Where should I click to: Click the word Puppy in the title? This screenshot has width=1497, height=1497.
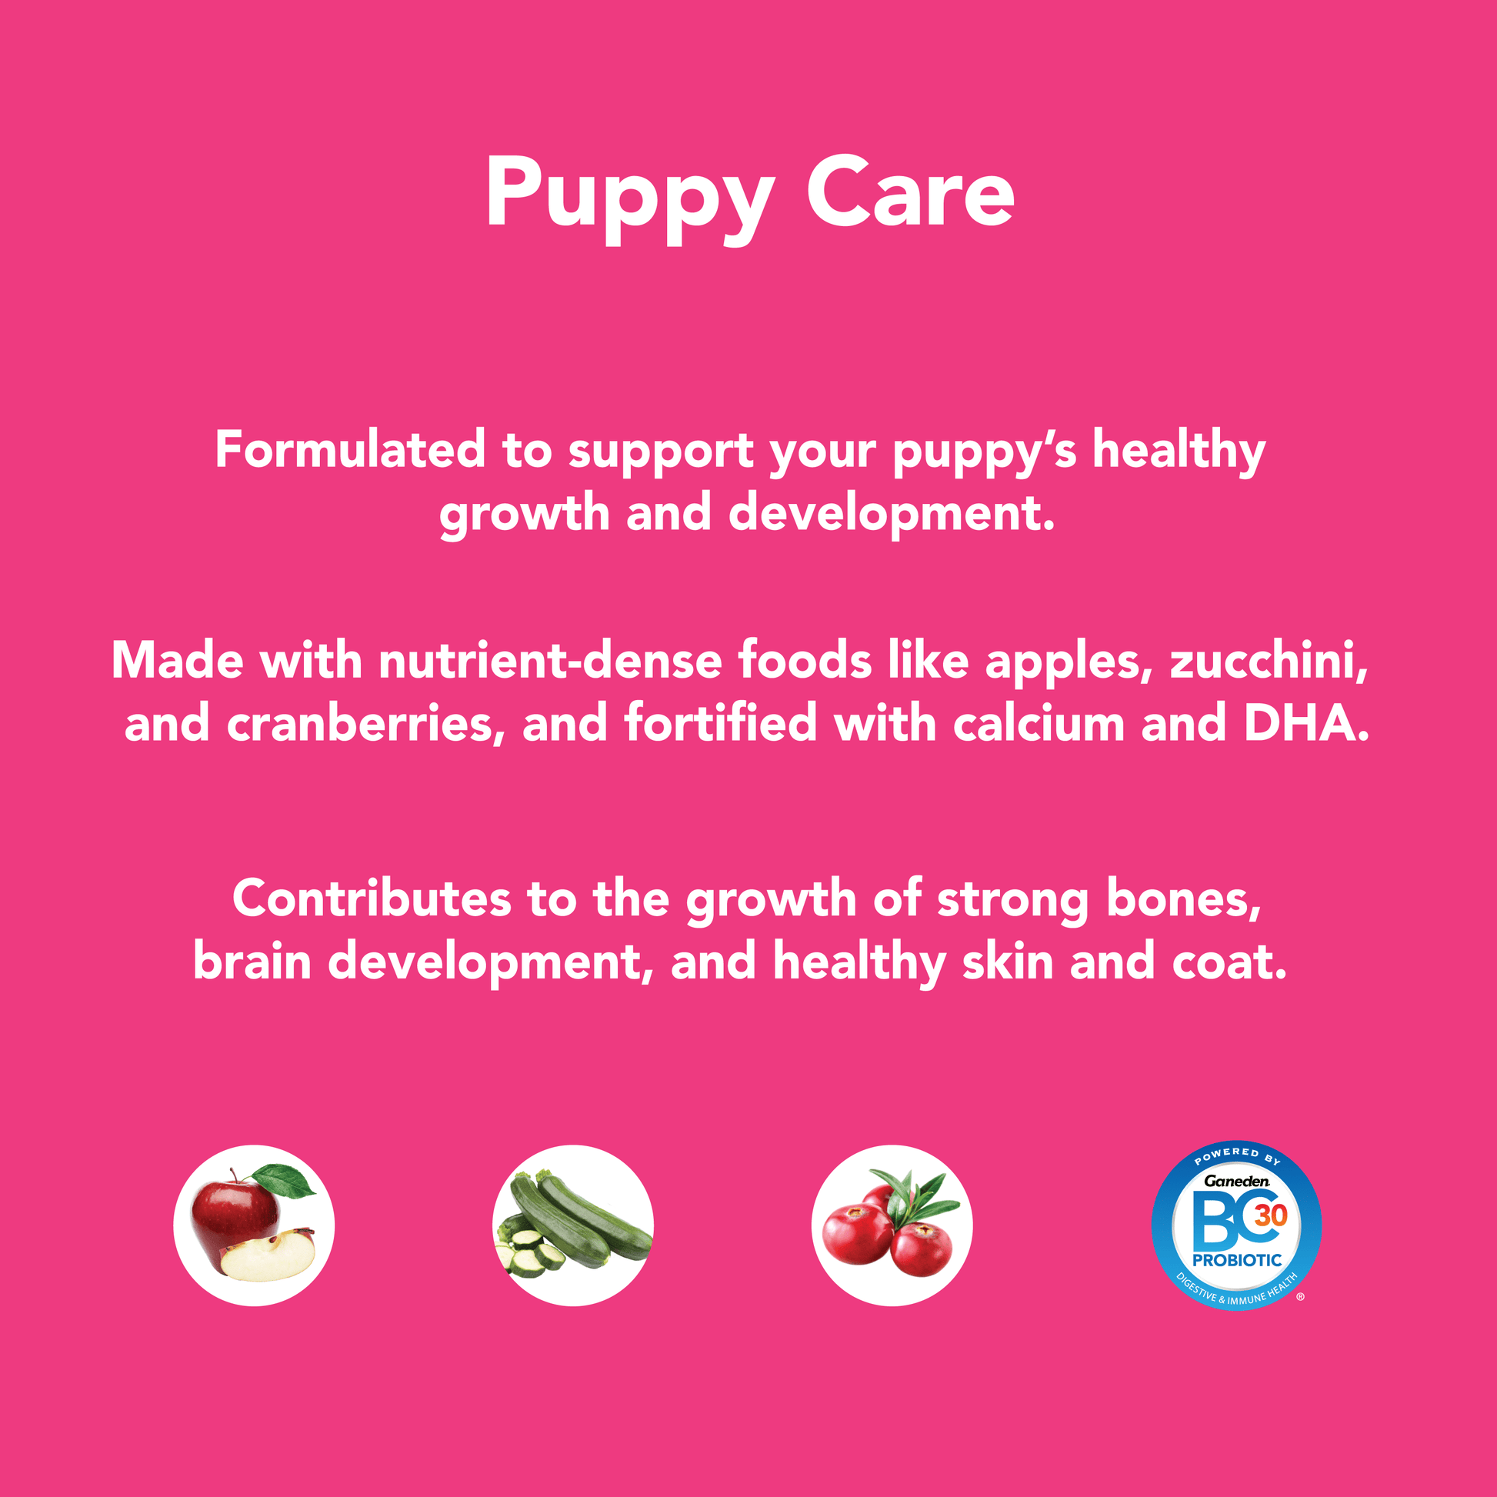point(629,201)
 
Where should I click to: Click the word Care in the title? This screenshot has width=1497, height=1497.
point(910,192)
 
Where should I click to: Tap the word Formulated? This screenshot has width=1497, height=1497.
point(350,449)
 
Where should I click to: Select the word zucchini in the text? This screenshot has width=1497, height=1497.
point(1269,661)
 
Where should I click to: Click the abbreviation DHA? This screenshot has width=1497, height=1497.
point(1306,723)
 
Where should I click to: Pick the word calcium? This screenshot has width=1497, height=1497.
point(1039,723)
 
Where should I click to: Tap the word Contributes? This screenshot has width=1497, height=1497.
point(372,899)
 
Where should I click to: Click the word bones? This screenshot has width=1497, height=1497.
point(1183,899)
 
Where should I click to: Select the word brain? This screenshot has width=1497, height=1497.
point(252,962)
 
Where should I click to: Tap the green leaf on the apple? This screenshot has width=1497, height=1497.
point(285,1180)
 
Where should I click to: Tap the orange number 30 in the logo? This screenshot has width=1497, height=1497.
point(1271,1214)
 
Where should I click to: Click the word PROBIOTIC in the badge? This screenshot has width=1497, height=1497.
point(1238,1260)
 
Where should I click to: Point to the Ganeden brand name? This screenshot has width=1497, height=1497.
point(1237,1181)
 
